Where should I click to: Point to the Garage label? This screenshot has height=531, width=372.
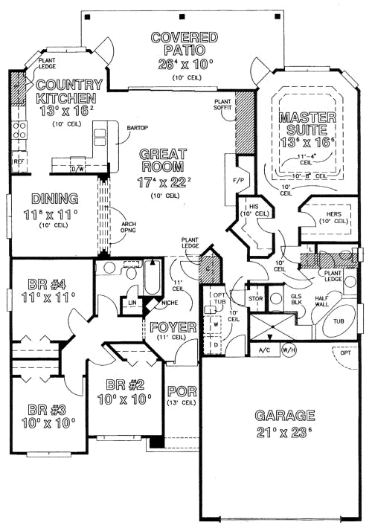[285, 415]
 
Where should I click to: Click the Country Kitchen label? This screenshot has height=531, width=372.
[66, 91]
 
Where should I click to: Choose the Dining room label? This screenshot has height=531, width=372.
[55, 199]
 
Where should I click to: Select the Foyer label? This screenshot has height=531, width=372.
[173, 327]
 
